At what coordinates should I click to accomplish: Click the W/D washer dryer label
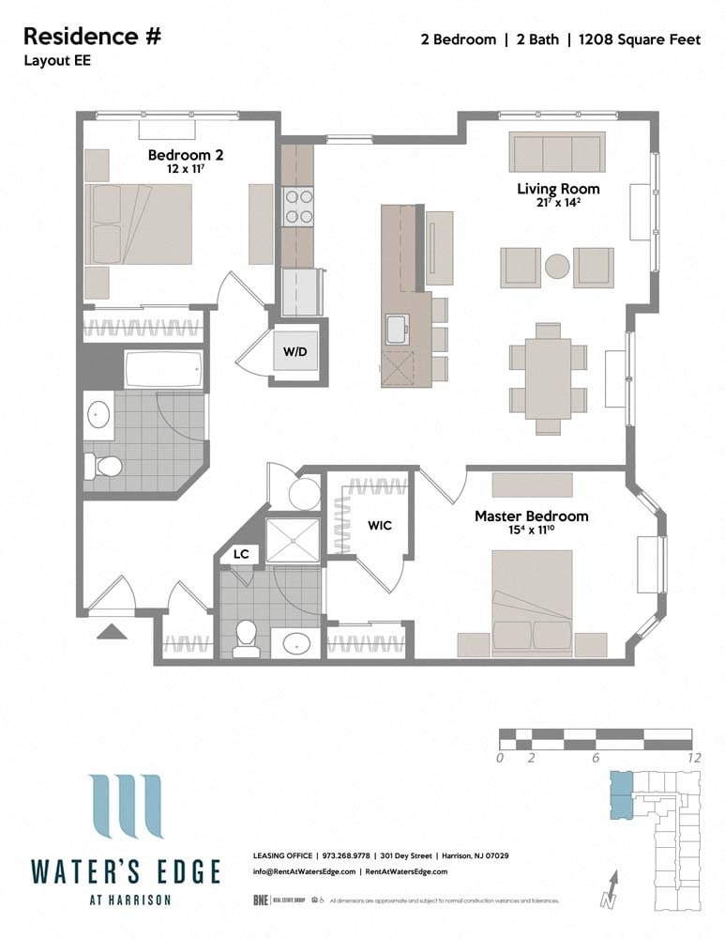(x=295, y=352)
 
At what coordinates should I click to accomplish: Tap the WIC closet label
(x=379, y=525)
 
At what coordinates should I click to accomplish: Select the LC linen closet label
(x=241, y=555)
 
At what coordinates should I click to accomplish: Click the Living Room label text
(x=558, y=189)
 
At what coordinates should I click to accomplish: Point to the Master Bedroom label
(x=531, y=516)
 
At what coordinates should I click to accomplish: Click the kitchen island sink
(x=396, y=330)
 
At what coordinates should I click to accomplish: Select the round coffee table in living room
(x=558, y=267)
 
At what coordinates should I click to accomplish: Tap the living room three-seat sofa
(x=556, y=152)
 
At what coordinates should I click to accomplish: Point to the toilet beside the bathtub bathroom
(x=102, y=465)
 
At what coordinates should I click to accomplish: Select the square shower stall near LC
(x=293, y=539)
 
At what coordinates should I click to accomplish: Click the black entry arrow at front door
(x=112, y=632)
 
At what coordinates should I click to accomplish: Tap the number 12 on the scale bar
(x=693, y=758)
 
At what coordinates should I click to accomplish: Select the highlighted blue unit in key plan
(x=621, y=794)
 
